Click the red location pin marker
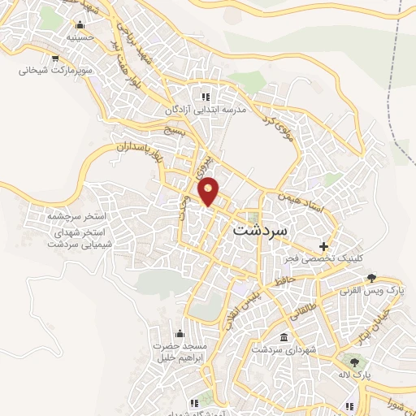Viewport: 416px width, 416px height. [209, 190]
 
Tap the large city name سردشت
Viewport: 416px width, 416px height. [260, 230]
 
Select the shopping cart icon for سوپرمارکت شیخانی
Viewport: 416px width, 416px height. [54, 58]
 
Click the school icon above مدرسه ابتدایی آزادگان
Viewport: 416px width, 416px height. [216, 97]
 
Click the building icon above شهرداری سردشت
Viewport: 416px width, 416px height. [282, 336]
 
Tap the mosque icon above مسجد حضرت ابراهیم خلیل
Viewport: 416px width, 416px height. [180, 333]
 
